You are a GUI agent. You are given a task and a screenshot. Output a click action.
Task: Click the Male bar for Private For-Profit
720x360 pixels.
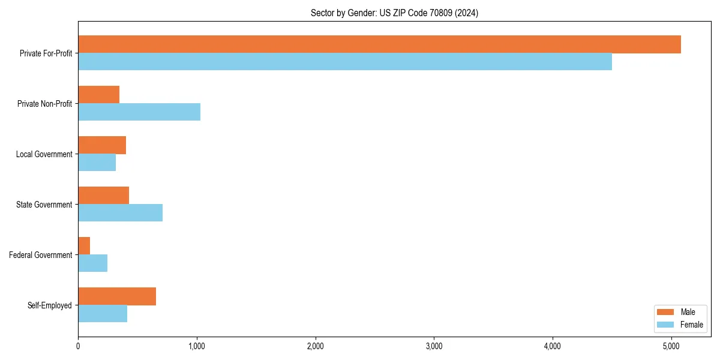pyautogui.click(x=379, y=44)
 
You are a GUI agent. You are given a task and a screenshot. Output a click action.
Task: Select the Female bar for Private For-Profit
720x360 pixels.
pyautogui.click(x=345, y=62)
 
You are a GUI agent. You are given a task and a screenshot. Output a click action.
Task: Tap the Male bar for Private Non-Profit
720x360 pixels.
pyautogui.click(x=99, y=95)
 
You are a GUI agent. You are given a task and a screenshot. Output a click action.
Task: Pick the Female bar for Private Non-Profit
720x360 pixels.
pyautogui.click(x=139, y=112)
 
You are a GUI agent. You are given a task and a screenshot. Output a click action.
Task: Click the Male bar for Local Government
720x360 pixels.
pyautogui.click(x=102, y=145)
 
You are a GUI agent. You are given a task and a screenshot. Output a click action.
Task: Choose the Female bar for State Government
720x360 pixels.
pyautogui.click(x=120, y=213)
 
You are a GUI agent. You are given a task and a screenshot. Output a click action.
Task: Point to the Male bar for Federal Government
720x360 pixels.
pyautogui.click(x=84, y=246)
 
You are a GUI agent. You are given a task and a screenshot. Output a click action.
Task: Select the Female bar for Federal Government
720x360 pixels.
pyautogui.click(x=93, y=263)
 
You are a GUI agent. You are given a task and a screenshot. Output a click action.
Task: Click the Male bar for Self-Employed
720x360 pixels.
pyautogui.click(x=117, y=296)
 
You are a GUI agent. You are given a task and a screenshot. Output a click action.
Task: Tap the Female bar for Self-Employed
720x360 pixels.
pyautogui.click(x=103, y=314)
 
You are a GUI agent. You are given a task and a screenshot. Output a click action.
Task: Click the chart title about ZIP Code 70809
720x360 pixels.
pyautogui.click(x=394, y=13)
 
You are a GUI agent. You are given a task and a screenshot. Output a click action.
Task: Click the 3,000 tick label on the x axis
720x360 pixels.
pyautogui.click(x=434, y=346)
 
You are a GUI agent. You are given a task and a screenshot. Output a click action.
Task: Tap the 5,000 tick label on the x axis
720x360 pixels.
pyautogui.click(x=671, y=346)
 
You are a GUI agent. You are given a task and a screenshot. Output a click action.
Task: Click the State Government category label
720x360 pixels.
pyautogui.click(x=44, y=205)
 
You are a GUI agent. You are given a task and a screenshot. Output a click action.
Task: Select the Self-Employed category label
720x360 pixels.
pyautogui.click(x=49, y=305)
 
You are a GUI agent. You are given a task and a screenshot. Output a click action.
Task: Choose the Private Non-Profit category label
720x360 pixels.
pyautogui.click(x=44, y=104)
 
